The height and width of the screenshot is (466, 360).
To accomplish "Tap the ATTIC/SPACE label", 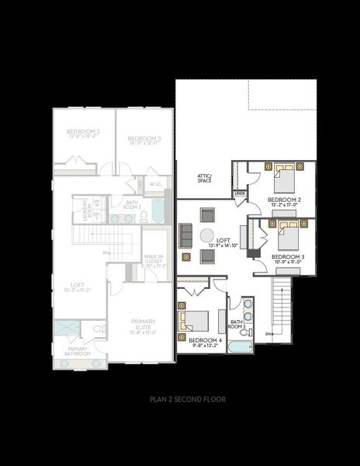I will click(x=204, y=179).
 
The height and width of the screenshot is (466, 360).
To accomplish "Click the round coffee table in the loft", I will click(x=207, y=235).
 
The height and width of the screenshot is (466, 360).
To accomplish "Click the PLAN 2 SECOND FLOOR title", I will click(x=188, y=400).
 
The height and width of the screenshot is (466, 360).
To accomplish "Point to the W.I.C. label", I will click(x=155, y=184).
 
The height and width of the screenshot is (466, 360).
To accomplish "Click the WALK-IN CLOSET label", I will click(x=153, y=262).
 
